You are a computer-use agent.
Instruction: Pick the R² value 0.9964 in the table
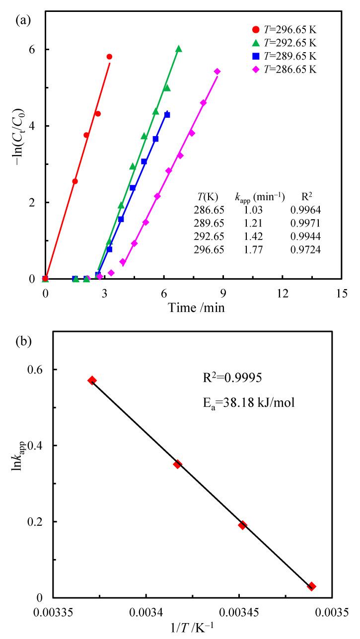pyautogui.click(x=305, y=210)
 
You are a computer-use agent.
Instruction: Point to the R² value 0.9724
pyautogui.click(x=305, y=250)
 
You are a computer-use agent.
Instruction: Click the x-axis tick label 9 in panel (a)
pyautogui.click(x=223, y=294)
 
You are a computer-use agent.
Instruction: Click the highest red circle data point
pyautogui.click(x=109, y=57)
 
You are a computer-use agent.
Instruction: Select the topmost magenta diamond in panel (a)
pyautogui.click(x=217, y=72)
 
